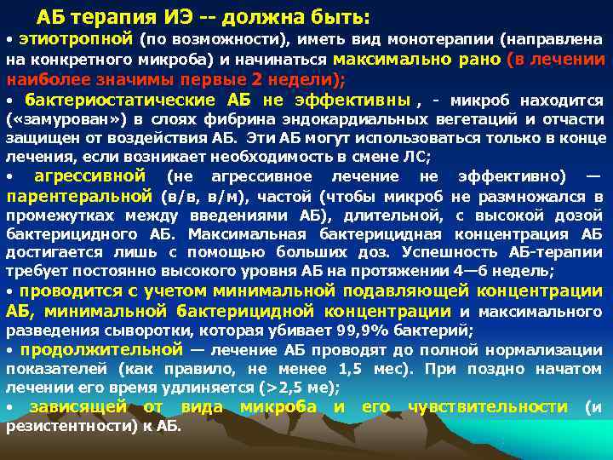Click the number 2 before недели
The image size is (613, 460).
[x=261, y=80]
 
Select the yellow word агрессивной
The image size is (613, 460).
[x=89, y=176]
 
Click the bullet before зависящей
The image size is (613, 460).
[x=10, y=408]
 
